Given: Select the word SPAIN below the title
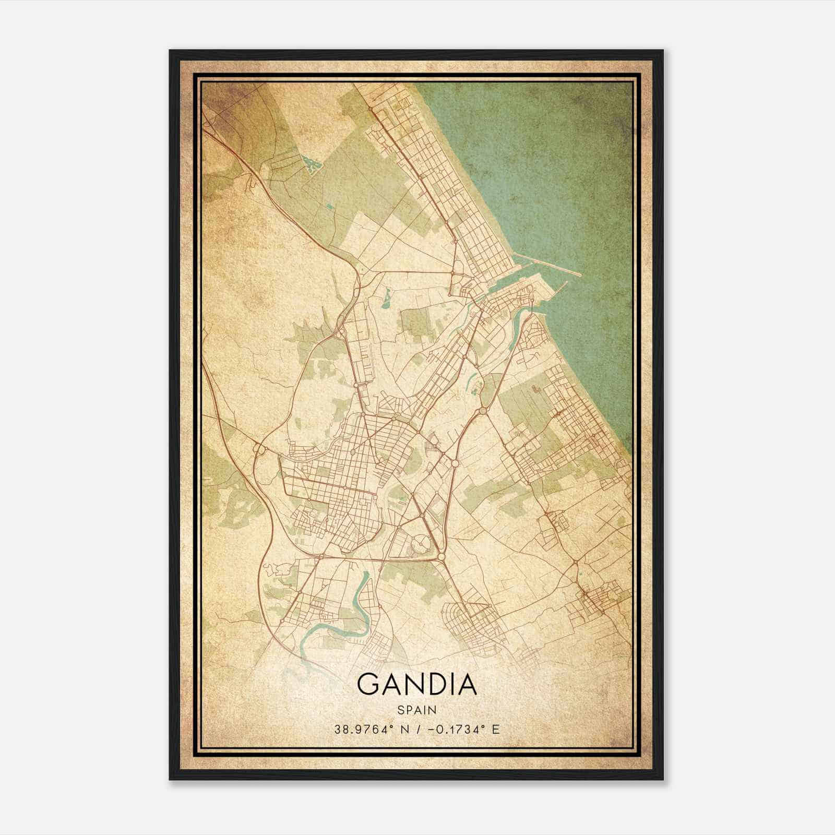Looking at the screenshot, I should coord(416,710).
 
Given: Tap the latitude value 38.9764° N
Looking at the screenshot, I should coord(370,729).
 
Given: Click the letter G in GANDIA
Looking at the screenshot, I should coord(368,684).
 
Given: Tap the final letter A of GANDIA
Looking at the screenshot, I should coord(467,684).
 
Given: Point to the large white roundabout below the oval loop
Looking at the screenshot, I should coord(442,558).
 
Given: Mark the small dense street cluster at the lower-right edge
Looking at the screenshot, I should coord(595,600).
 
